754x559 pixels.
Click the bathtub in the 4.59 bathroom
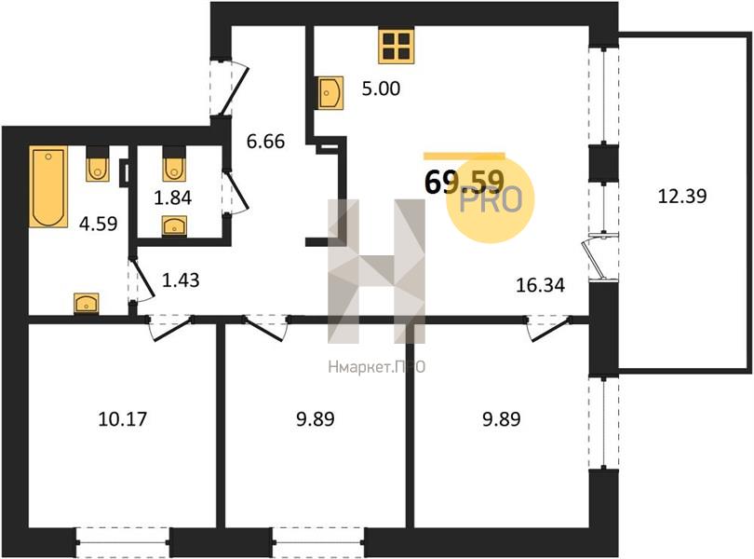click(x=48, y=186)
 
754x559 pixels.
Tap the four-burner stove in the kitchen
click(x=397, y=46)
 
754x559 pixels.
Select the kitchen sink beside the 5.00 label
click(x=330, y=93)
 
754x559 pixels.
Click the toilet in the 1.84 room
click(x=173, y=163)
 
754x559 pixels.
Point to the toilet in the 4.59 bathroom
click(x=98, y=163)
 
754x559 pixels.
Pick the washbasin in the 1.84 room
click(x=175, y=226)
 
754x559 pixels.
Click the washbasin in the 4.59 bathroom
click(x=87, y=304)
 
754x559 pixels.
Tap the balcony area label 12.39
click(x=682, y=196)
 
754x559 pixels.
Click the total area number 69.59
click(x=465, y=182)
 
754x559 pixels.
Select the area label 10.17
click(x=122, y=419)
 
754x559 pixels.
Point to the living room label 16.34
click(x=540, y=285)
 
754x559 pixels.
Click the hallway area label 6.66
click(x=265, y=141)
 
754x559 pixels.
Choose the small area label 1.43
click(x=181, y=279)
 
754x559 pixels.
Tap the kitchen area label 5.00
click(x=381, y=89)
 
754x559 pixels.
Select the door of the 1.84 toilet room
click(x=236, y=192)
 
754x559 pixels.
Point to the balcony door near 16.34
click(x=597, y=256)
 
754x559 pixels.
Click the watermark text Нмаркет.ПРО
click(x=376, y=367)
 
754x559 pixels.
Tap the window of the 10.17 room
click(x=123, y=543)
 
